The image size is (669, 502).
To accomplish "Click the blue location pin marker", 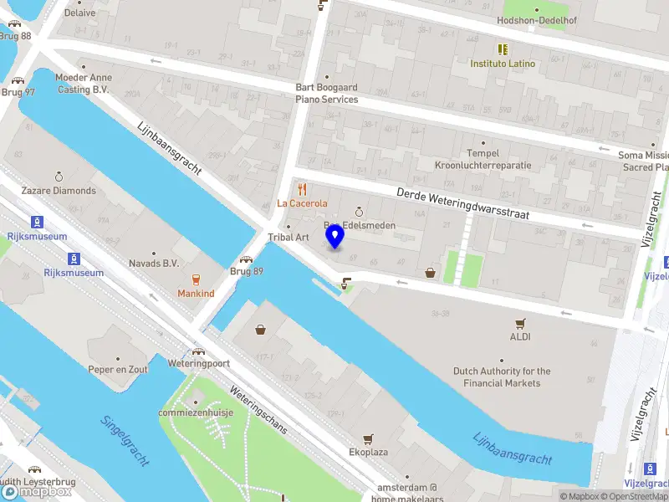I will (335, 237).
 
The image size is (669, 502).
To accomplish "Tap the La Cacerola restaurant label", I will (303, 203).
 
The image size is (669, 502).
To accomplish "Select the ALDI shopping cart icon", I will (520, 323).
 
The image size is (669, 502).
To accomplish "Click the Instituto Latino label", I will (503, 64).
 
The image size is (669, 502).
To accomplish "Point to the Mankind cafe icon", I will (196, 280).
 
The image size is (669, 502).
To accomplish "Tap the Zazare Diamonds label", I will (59, 190).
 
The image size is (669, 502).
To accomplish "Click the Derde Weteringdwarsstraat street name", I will (467, 205).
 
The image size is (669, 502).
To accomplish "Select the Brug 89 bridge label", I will (247, 271).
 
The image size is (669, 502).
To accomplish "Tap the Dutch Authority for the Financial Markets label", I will (502, 377).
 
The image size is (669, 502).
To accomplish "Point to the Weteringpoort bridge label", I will (198, 364).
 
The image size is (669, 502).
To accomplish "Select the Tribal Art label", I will (289, 238).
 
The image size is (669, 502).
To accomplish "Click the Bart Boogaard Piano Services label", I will (326, 93).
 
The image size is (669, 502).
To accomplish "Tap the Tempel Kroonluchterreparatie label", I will (483, 159).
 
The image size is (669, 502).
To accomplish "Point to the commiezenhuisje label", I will (197, 412).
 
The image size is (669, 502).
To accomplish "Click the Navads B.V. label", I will (154, 263).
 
